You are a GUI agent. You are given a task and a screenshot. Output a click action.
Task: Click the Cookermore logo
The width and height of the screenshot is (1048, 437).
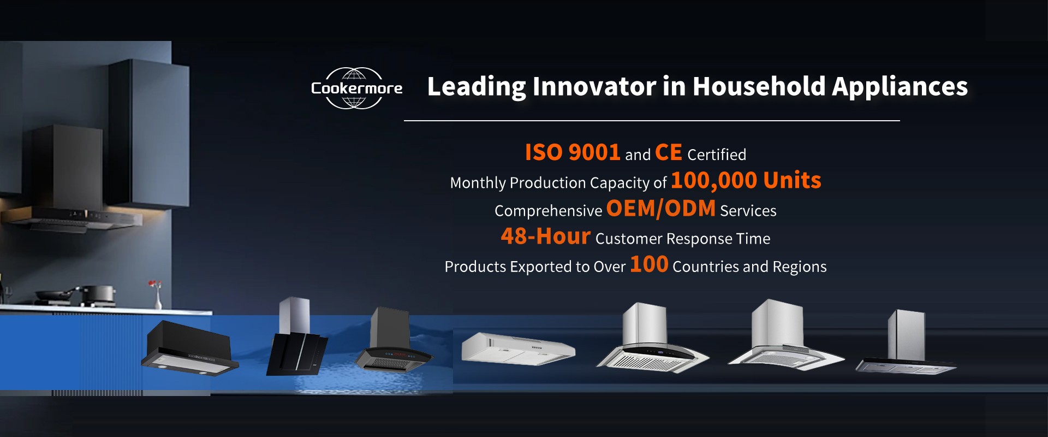pos(356,88)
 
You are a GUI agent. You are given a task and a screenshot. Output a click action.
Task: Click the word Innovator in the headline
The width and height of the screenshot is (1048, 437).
pos(594,86)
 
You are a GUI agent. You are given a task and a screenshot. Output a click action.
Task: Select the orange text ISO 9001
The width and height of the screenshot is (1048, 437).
pos(572,152)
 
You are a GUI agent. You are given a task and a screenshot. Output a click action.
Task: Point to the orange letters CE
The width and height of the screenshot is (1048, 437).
pos(669,152)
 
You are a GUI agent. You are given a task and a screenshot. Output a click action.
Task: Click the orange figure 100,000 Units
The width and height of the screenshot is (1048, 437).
pos(746,180)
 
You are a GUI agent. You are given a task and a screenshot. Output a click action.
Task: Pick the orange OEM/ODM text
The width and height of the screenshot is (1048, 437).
pos(660,208)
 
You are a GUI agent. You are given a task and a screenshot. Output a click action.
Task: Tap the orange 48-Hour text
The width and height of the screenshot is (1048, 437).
pos(545,236)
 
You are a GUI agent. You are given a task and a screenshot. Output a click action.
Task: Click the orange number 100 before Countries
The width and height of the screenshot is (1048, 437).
pos(649,264)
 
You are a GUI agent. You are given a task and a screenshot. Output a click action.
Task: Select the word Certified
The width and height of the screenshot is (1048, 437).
pos(717,155)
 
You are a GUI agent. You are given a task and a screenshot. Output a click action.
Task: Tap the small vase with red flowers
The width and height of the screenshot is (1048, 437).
pos(157,294)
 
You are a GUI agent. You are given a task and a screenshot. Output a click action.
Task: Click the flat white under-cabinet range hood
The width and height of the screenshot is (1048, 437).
pos(517,349)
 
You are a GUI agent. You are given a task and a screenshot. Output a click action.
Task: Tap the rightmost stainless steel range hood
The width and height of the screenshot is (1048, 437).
pos(906,343)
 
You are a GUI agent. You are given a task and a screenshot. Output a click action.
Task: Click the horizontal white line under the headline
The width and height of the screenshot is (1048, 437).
pos(652,121)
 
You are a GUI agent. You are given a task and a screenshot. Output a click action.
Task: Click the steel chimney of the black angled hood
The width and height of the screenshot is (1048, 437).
pos(295,315)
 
